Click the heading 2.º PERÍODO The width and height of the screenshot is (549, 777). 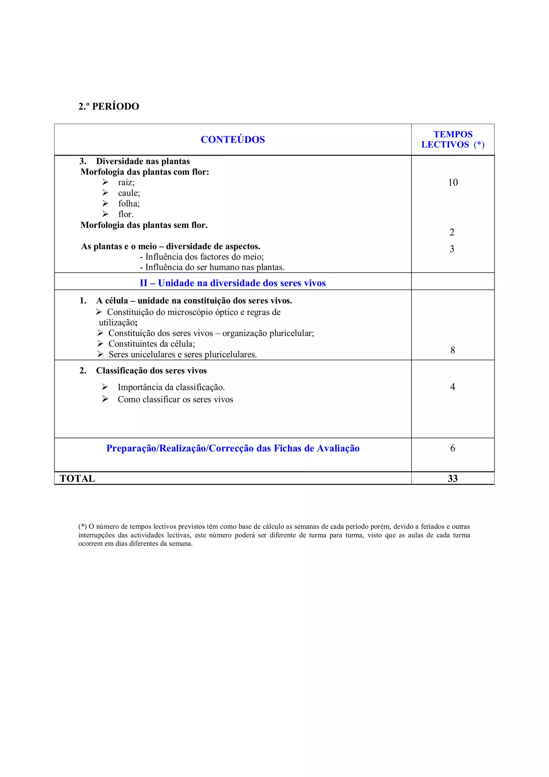(x=109, y=106)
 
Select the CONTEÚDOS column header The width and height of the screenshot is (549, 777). (x=233, y=139)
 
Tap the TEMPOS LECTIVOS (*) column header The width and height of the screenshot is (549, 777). (x=452, y=139)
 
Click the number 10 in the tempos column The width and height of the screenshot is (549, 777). (x=452, y=182)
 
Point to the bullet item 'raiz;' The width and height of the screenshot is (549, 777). (x=126, y=182)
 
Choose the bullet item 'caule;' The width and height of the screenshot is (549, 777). (x=129, y=193)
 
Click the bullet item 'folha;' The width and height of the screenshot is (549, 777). (x=129, y=203)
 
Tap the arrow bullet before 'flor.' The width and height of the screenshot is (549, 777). (x=105, y=214)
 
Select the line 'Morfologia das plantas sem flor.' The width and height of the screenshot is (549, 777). (x=144, y=225)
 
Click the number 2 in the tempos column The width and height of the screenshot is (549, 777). (x=452, y=232)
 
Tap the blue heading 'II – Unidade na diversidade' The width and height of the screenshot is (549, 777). (x=233, y=283)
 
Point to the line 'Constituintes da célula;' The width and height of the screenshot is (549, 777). (x=151, y=344)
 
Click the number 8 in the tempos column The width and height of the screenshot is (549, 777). (x=452, y=350)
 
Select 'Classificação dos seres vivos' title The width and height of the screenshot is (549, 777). (x=151, y=371)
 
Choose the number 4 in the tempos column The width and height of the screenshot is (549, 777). (x=452, y=387)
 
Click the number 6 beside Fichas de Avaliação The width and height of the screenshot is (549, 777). (x=452, y=448)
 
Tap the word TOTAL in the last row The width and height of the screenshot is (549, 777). (x=77, y=478)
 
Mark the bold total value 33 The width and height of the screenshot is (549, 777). (x=452, y=478)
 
